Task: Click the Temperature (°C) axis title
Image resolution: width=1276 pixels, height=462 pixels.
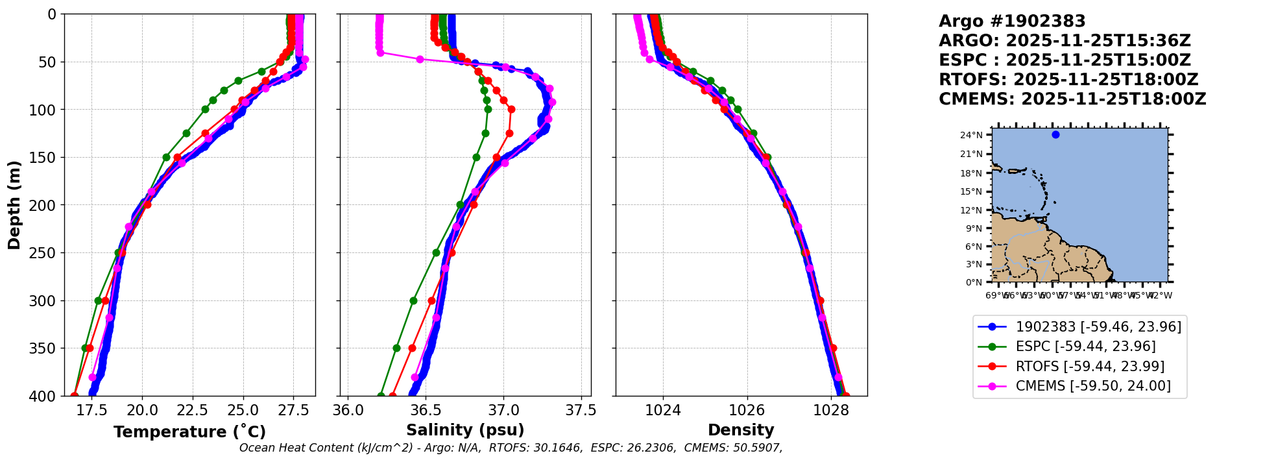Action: click(x=189, y=432)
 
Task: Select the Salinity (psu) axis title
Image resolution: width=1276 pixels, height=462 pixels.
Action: click(x=465, y=430)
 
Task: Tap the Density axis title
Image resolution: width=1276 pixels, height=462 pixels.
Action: click(x=741, y=430)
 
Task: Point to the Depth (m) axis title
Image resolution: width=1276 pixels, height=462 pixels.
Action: click(x=14, y=204)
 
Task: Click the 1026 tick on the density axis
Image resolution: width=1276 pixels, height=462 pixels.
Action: click(x=747, y=410)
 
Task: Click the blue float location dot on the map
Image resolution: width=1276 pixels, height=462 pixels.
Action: click(x=1055, y=135)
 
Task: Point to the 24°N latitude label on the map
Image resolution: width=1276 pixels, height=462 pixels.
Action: click(x=971, y=136)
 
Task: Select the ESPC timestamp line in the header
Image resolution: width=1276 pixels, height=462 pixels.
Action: click(x=1065, y=60)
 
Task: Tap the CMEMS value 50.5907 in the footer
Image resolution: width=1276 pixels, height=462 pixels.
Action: click(x=756, y=448)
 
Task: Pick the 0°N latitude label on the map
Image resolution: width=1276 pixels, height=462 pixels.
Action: click(x=974, y=282)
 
